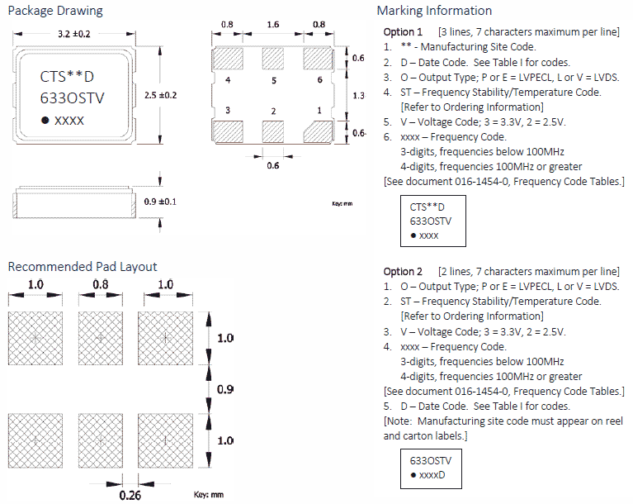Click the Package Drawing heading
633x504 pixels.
(55, 11)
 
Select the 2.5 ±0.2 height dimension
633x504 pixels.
(159, 95)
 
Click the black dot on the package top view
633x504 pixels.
(45, 121)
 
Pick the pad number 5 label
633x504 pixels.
(273, 80)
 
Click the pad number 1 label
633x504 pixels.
(319, 110)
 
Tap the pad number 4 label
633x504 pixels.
(227, 80)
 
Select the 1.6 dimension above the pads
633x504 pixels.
(273, 26)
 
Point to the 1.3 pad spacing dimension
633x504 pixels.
(357, 96)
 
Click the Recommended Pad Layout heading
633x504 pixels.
(82, 266)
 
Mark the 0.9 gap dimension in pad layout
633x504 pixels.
(224, 389)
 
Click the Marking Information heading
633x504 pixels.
(434, 11)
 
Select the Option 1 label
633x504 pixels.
(403, 31)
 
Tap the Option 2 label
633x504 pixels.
(403, 272)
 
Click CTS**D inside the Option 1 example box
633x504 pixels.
(428, 207)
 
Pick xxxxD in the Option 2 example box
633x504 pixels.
(432, 476)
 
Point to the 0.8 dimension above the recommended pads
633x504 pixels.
(100, 284)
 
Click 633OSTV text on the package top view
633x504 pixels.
(73, 98)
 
